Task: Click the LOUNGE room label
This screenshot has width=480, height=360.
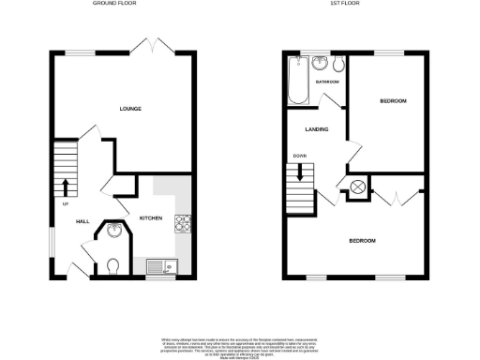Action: click(130, 110)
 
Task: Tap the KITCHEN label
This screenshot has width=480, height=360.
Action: click(151, 217)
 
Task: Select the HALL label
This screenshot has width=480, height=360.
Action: click(82, 221)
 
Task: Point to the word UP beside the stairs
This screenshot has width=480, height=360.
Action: click(66, 203)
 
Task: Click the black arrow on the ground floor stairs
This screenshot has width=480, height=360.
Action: click(66, 186)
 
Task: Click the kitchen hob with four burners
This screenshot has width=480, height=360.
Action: click(183, 223)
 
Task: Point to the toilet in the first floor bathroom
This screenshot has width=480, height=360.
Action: click(338, 64)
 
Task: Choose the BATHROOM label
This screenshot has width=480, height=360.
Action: click(327, 82)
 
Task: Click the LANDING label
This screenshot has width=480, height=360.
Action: click(314, 129)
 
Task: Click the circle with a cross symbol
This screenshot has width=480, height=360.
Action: click(358, 187)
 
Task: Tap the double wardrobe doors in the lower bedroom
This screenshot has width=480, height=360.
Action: click(397, 197)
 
